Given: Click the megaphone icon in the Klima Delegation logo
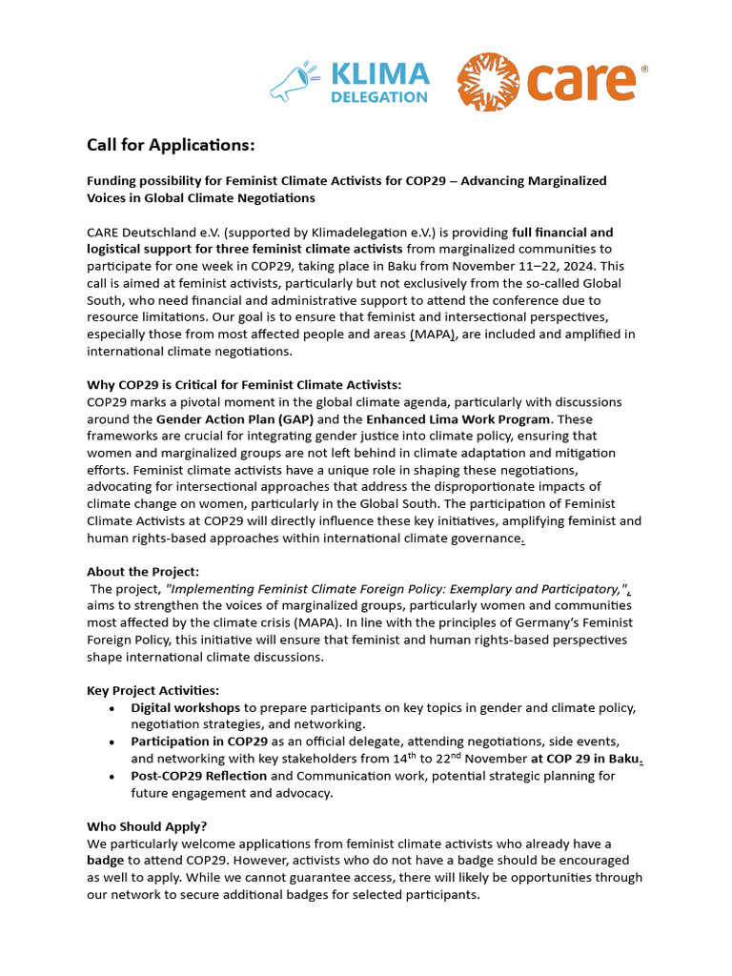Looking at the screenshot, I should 294,82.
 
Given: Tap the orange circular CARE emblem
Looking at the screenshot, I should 486,82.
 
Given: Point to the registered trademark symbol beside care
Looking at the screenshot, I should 644,70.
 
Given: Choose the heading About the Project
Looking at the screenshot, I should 143,571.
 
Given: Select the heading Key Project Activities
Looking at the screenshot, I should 152,690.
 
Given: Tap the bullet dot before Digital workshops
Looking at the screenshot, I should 112,708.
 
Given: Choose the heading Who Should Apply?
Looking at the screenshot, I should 147,826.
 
